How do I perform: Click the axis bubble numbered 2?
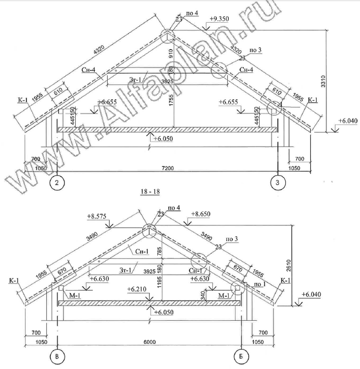[58, 184]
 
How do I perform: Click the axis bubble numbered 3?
[278, 184]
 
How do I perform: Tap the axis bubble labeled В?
[58, 355]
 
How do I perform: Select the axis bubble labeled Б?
[241, 355]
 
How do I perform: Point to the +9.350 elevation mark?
[218, 19]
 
